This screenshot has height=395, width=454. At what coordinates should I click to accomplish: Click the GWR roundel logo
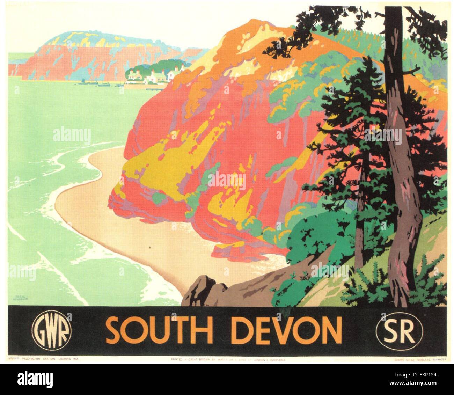point(52,330)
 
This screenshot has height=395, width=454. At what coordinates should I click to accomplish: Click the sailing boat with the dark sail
point(82,81)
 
